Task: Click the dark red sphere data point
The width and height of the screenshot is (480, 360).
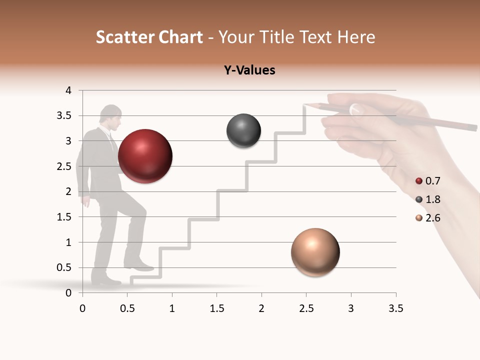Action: tap(145, 156)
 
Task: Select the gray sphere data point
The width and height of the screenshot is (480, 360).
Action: tap(243, 131)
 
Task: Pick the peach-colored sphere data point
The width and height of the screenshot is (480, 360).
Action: tap(315, 252)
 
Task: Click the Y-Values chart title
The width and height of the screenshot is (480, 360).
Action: tap(249, 70)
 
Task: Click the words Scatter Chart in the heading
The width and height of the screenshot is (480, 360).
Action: tap(149, 37)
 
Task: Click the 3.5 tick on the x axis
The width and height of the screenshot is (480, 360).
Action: tap(395, 308)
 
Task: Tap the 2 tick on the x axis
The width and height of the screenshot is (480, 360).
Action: tap(261, 308)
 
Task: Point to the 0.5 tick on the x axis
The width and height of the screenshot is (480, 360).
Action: tap(127, 308)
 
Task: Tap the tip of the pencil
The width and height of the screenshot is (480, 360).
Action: tap(304, 104)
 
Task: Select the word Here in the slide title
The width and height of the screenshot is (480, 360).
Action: tap(355, 37)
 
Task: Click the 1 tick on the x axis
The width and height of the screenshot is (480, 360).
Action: tap(172, 308)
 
